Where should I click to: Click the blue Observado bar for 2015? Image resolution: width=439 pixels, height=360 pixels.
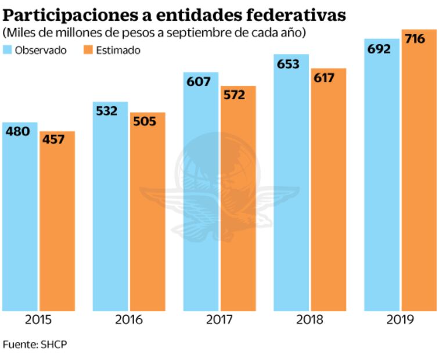(x=20, y=221)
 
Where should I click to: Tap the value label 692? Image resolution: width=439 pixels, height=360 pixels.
(x=379, y=49)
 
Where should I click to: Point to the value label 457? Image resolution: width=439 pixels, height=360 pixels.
(x=53, y=141)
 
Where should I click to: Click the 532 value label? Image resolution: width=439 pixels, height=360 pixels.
(x=106, y=111)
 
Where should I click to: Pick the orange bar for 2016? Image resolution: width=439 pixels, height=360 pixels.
(x=147, y=215)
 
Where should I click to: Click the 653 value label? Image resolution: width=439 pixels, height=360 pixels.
(x=288, y=64)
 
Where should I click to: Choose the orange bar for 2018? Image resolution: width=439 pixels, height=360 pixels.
(x=328, y=192)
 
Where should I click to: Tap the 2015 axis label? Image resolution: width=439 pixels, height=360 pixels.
(x=38, y=320)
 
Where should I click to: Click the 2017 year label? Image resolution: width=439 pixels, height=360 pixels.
(x=219, y=320)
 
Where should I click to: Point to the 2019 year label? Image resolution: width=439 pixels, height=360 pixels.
(x=400, y=320)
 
